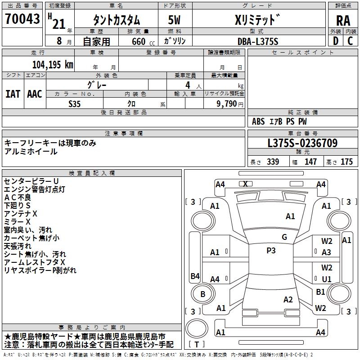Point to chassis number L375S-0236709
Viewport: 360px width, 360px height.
point(302,143)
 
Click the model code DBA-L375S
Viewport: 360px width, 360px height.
point(258,41)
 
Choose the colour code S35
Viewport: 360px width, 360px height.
point(75,103)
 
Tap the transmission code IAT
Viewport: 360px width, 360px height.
point(13,94)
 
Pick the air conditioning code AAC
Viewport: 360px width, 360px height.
point(35,94)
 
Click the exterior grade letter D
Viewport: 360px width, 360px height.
point(335,41)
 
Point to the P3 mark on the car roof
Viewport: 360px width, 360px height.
point(271,251)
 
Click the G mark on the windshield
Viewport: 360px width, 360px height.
point(284,237)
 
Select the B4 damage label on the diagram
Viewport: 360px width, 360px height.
point(195,276)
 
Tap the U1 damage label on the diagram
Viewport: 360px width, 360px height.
point(327,279)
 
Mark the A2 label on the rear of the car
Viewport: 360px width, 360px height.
point(288,300)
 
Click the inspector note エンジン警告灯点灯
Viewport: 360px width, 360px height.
point(35,189)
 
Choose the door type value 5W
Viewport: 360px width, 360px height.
point(175,20)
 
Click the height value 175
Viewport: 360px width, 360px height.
point(346,162)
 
